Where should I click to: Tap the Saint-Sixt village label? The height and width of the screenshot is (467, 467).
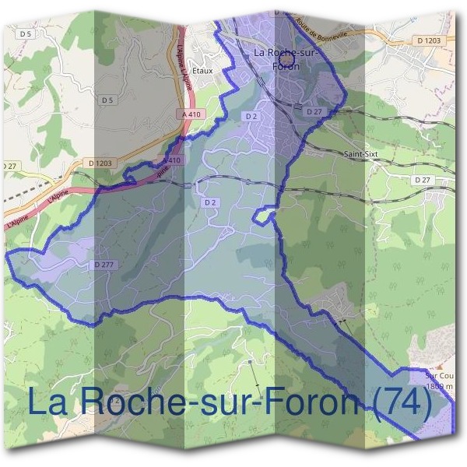click(360, 154)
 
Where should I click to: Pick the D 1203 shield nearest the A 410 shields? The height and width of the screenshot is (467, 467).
click(100, 163)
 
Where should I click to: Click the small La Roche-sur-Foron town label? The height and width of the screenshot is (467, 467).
click(286, 59)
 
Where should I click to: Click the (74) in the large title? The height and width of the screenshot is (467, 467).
click(399, 402)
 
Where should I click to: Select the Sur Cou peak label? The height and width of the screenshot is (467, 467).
click(440, 374)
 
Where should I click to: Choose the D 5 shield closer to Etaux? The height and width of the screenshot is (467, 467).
click(107, 100)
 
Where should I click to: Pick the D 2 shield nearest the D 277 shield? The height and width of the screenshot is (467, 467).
click(209, 202)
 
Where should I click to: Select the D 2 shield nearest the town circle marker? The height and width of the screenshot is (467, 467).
click(250, 116)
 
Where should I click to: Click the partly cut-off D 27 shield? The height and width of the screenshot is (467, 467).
click(9, 166)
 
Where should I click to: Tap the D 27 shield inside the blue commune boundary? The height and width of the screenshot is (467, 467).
click(314, 112)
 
